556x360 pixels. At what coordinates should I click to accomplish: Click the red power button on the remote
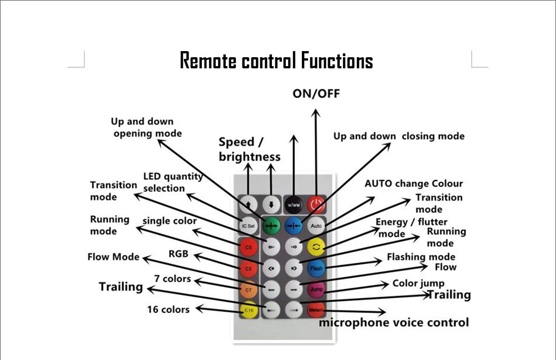[316, 204]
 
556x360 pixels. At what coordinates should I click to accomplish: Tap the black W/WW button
[294, 204]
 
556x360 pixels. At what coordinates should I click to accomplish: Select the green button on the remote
[271, 226]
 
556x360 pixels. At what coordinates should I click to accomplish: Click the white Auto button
[316, 226]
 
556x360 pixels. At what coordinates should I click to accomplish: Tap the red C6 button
[249, 247]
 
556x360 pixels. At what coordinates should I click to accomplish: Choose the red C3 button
[249, 268]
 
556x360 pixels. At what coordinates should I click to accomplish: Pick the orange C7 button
[249, 289]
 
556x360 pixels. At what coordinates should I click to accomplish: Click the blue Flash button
[316, 268]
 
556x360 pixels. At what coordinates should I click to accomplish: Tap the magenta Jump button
[316, 289]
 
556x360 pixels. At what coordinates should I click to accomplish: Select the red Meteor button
[316, 309]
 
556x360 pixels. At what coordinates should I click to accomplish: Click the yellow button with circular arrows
[316, 247]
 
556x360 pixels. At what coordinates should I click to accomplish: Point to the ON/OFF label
[316, 93]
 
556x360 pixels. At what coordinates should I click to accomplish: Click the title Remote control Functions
[276, 61]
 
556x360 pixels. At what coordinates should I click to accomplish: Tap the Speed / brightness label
[249, 149]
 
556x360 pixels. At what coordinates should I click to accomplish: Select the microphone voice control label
[394, 322]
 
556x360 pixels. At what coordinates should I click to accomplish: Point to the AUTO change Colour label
[414, 183]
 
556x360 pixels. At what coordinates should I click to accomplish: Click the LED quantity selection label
[172, 182]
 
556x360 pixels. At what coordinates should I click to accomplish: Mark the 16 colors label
[168, 309]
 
